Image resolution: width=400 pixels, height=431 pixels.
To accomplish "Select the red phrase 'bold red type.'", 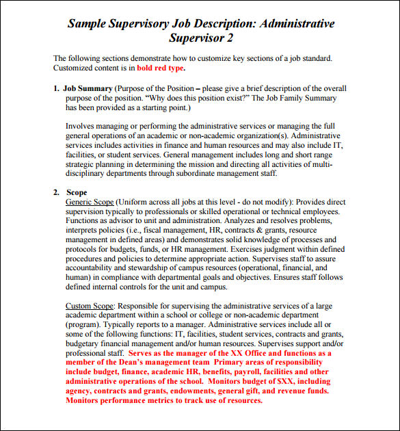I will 161,68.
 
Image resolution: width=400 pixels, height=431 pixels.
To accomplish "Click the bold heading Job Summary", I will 88,89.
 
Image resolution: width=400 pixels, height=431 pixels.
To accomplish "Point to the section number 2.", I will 56,193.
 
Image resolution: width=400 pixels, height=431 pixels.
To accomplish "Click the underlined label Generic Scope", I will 89,203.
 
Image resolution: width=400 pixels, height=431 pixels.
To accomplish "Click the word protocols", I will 83,250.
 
